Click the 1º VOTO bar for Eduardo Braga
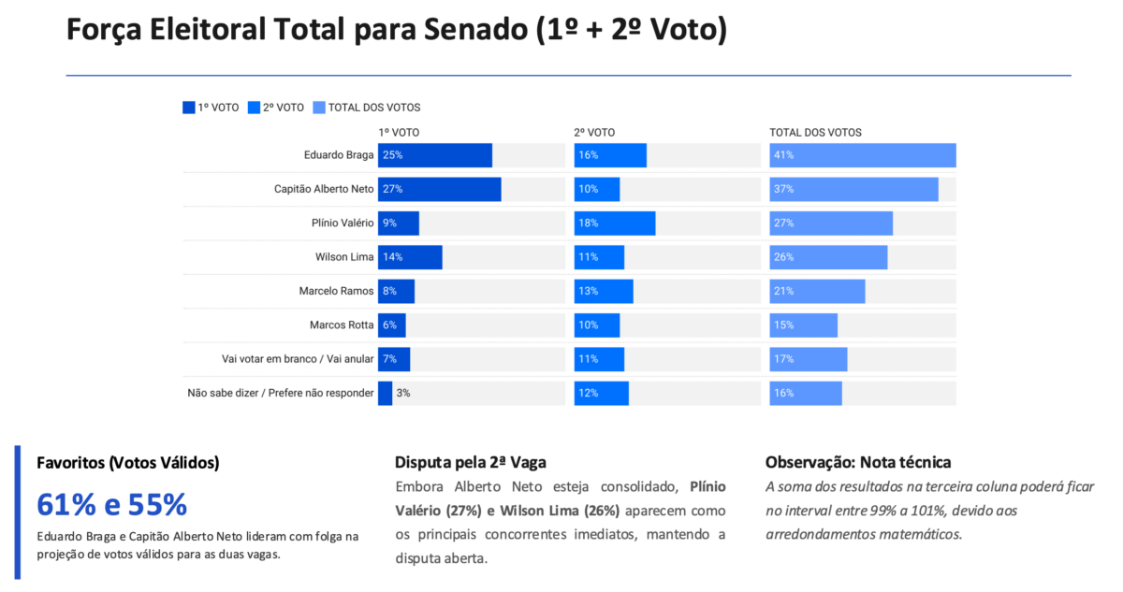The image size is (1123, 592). pos(435,155)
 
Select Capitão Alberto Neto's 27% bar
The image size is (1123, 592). pos(440,189)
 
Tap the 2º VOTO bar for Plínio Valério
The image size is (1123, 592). pos(615,224)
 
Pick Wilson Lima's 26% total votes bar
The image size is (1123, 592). pos(829,257)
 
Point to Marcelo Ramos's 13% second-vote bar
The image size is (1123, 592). pos(604,292)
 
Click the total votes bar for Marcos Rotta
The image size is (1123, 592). pos(804,325)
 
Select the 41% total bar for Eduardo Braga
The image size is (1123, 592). pos(863,155)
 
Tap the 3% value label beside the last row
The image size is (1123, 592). pos(403,393)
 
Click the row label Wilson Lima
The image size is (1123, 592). pos(344,257)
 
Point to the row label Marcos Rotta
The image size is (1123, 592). pos(342,325)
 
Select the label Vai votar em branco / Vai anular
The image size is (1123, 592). pos(298,359)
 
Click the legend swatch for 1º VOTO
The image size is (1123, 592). pos(188,108)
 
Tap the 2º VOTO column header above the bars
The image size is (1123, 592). pos(594,133)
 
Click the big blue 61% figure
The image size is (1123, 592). pos(66,504)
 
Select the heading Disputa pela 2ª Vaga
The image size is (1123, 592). pos(470,462)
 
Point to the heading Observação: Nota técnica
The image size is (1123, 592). pos(858,462)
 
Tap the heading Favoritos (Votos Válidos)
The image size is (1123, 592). pos(128,463)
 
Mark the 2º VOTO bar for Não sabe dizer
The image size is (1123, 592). pos(602,394)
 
